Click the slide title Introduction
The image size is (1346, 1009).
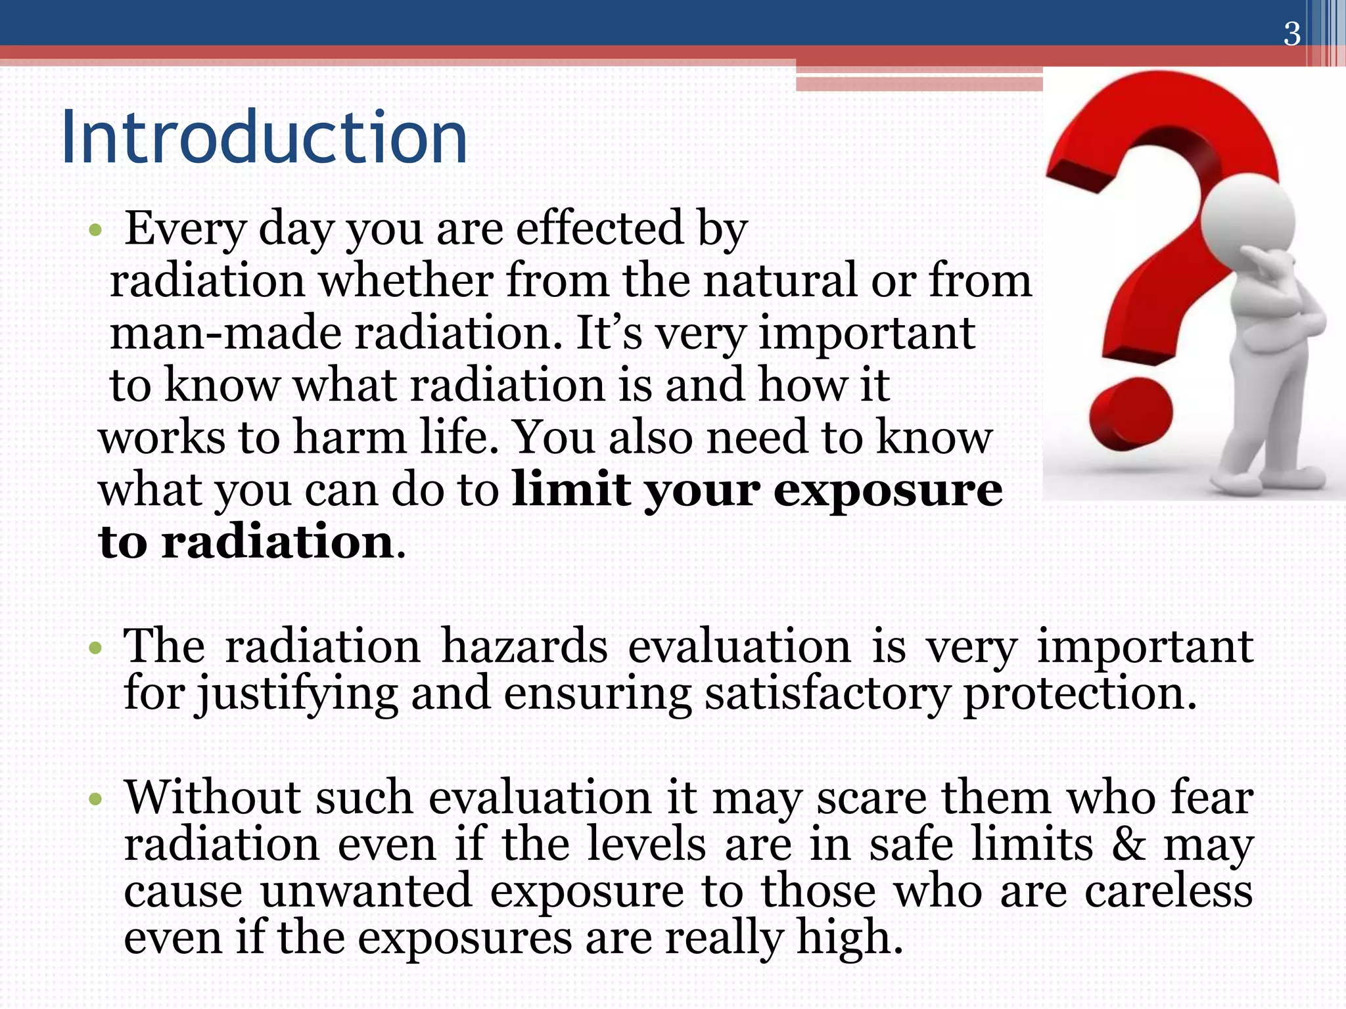point(264,139)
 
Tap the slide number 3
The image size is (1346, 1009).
point(1291,34)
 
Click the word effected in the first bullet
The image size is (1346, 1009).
point(599,228)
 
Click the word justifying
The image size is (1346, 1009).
point(297,695)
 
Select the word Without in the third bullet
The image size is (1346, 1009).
point(212,797)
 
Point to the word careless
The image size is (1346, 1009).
point(1168,891)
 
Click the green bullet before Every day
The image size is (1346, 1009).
point(96,231)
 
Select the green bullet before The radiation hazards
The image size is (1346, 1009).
point(96,649)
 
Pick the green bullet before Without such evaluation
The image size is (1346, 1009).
point(96,799)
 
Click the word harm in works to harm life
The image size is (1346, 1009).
point(350,437)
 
